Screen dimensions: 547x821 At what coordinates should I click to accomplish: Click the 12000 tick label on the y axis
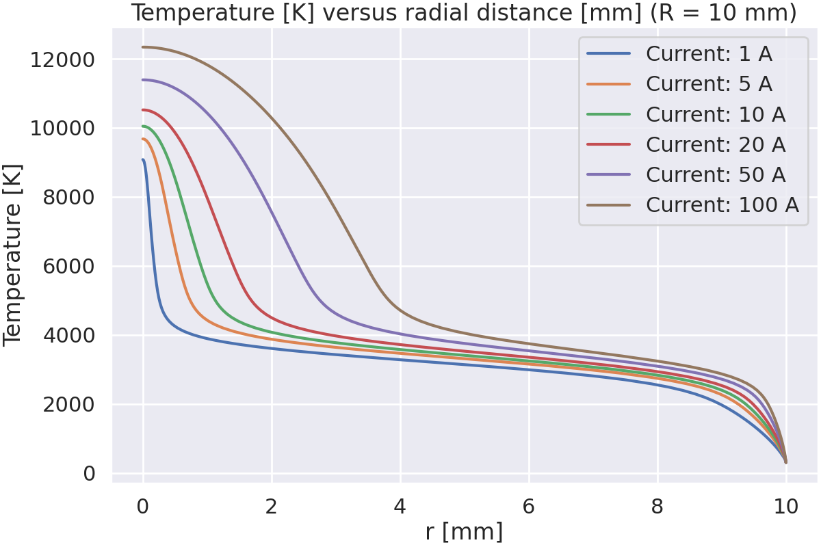click(x=62, y=60)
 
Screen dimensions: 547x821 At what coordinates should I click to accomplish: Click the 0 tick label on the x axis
click(x=143, y=507)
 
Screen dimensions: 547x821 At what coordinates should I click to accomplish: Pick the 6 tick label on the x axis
click(x=529, y=507)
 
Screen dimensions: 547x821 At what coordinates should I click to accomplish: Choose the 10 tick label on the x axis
click(x=786, y=507)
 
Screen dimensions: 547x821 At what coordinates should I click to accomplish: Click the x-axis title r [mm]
click(x=464, y=531)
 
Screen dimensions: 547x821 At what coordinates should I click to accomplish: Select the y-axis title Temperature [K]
click(x=14, y=254)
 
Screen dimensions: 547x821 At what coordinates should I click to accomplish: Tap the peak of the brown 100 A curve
click(x=144, y=47)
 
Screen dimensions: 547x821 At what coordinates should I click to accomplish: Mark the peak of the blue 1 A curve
click(x=143, y=160)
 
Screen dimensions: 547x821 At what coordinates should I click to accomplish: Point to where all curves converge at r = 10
click(x=785, y=462)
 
